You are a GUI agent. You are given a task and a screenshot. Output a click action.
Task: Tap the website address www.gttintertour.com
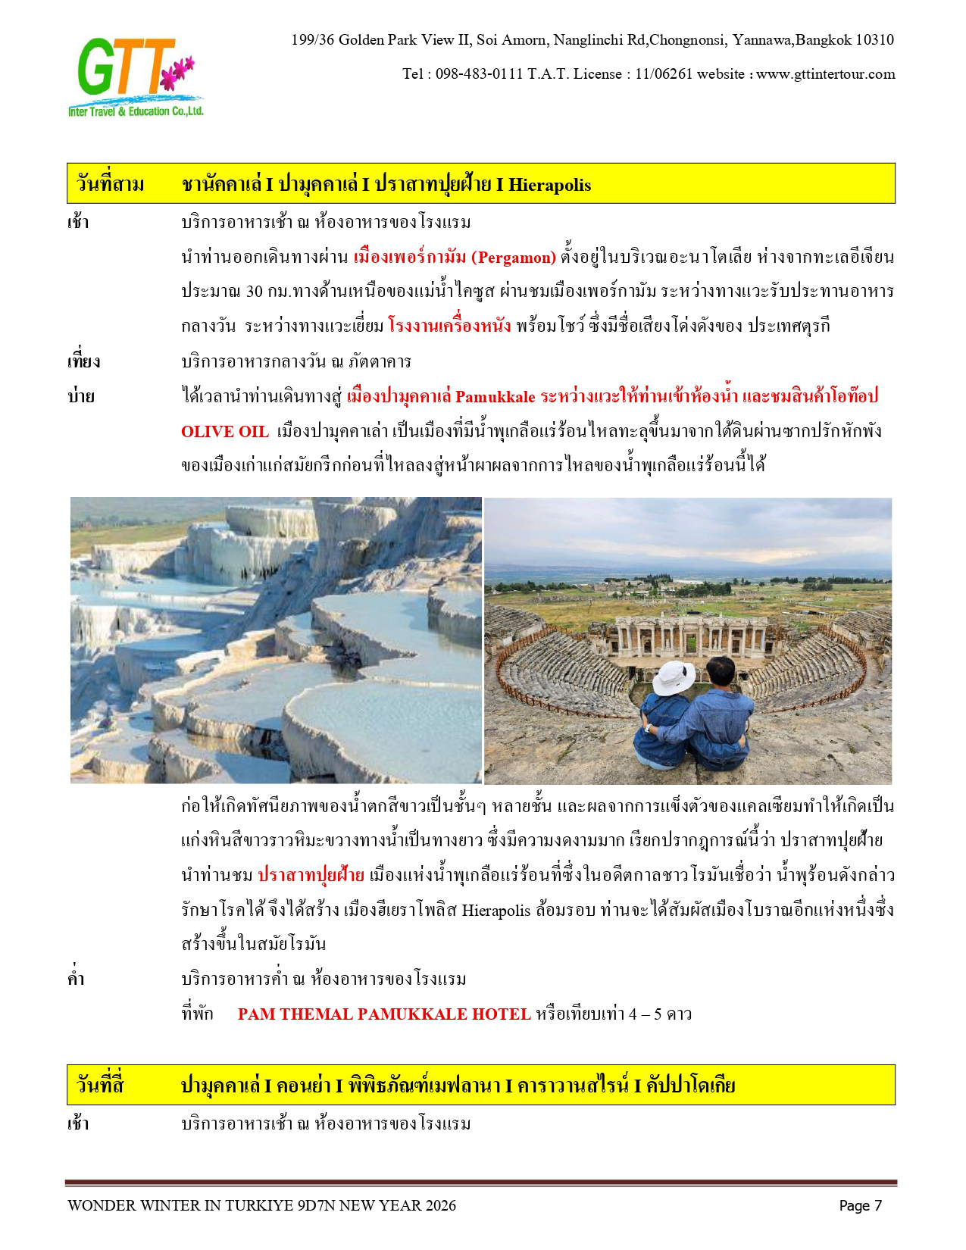(x=825, y=74)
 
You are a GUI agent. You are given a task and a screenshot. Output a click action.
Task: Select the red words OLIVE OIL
(x=225, y=432)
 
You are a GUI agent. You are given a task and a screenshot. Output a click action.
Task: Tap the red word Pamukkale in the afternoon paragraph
(x=496, y=397)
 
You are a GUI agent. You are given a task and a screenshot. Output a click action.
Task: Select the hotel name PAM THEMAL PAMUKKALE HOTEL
(x=384, y=1014)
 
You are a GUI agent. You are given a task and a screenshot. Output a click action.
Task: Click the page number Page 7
(x=860, y=1206)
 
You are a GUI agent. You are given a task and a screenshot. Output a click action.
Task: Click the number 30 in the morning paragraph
(x=255, y=292)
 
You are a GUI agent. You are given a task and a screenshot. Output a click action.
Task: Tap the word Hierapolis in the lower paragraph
(x=496, y=910)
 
